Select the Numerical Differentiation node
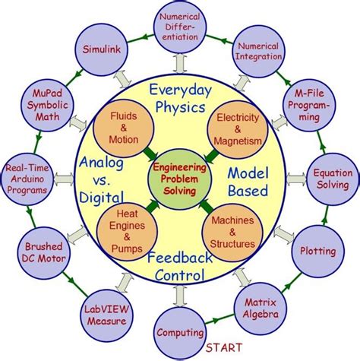tap(180, 27)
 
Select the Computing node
tap(179, 332)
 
